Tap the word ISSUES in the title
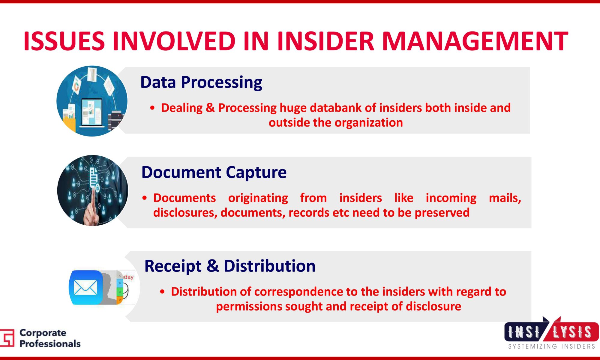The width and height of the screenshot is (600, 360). click(x=64, y=41)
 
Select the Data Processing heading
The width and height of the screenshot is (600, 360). click(x=201, y=82)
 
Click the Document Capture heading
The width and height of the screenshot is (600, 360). click(x=214, y=172)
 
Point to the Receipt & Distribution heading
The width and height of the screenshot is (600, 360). click(x=230, y=266)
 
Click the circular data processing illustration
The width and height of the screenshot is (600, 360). click(x=92, y=101)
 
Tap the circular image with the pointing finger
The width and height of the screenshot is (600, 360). click(x=92, y=190)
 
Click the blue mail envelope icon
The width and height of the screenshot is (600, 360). click(x=86, y=287)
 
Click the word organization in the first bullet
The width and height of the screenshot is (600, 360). click(x=369, y=123)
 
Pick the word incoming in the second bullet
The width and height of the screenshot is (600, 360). click(x=451, y=198)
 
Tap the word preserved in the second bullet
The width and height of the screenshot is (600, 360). click(x=442, y=213)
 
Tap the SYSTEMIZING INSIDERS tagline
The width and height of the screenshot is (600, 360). click(x=551, y=346)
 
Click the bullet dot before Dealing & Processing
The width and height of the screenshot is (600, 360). click(x=152, y=108)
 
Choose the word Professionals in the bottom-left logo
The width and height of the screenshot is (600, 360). click(x=50, y=344)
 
